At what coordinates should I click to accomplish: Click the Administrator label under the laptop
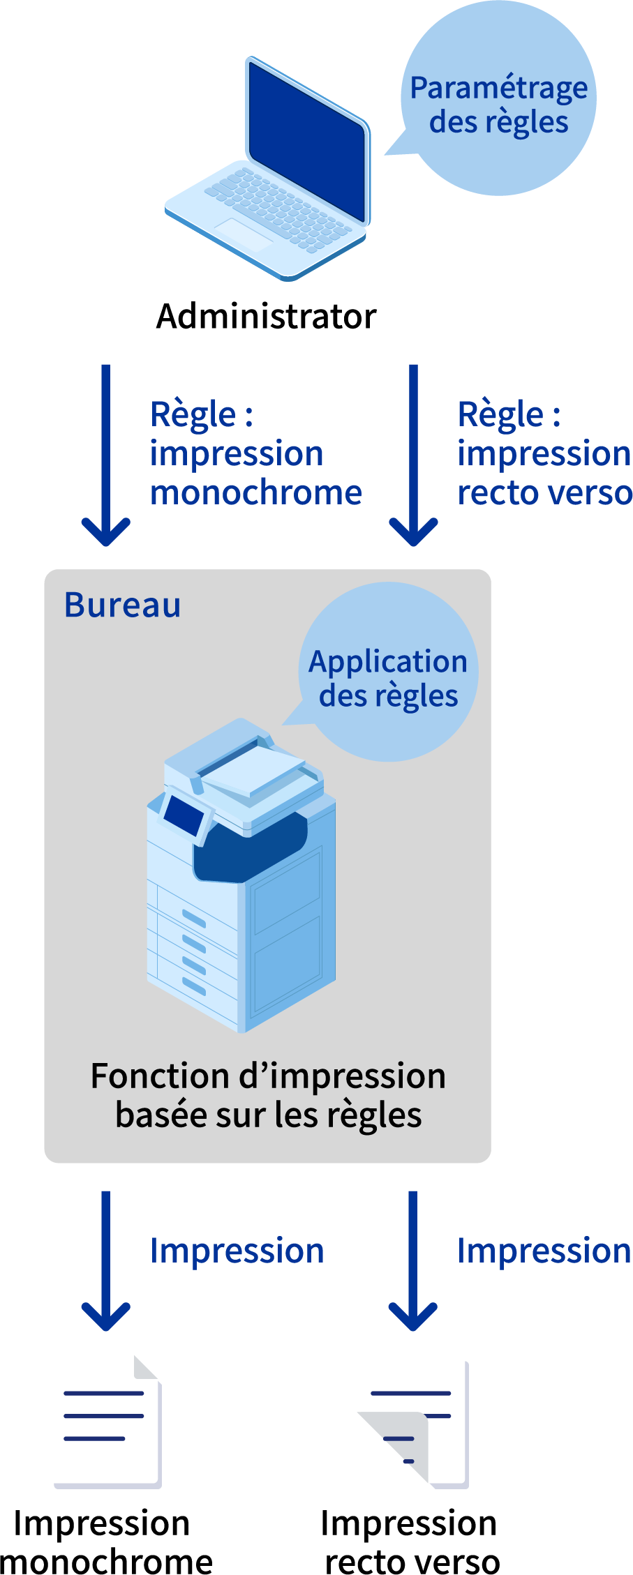click(x=266, y=317)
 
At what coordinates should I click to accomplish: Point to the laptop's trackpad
click(x=244, y=234)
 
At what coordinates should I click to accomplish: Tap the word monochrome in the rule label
click(x=256, y=493)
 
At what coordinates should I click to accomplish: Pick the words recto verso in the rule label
click(x=544, y=493)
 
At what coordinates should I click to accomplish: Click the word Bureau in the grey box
click(x=123, y=605)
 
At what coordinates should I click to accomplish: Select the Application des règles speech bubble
click(x=389, y=677)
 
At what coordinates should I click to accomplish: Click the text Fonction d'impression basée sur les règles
click(x=268, y=1095)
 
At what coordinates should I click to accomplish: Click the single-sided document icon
click(x=108, y=1423)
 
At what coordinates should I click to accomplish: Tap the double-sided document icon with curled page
click(x=415, y=1426)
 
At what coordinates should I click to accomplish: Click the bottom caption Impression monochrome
click(x=105, y=1542)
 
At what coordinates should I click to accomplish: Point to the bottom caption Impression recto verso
click(x=410, y=1542)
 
